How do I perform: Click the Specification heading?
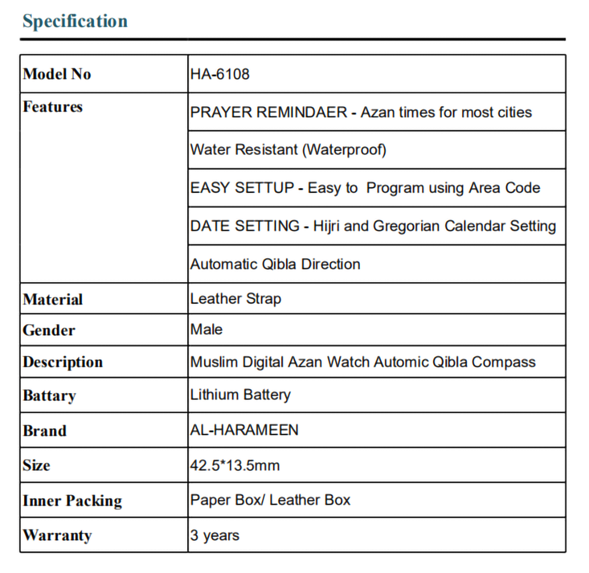[x=75, y=22]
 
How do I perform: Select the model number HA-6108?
[x=220, y=74]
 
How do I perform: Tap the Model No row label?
[x=57, y=74]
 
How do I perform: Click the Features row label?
[x=53, y=107]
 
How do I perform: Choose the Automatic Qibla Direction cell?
[x=275, y=263]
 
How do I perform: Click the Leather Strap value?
[x=236, y=299]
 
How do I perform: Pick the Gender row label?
[x=49, y=331]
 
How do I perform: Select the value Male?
[x=206, y=330]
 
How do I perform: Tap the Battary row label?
[x=49, y=395]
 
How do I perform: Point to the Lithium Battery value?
[x=240, y=394]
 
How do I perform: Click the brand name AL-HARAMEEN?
[x=244, y=430]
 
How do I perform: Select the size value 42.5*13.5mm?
[x=235, y=465]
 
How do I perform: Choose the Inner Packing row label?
[x=72, y=501]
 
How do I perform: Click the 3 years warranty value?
[x=215, y=536]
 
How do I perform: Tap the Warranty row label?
[x=57, y=536]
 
